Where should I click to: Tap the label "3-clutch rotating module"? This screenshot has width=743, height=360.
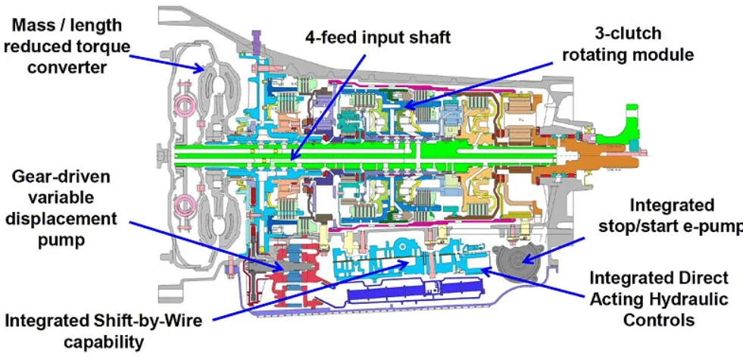[628, 44]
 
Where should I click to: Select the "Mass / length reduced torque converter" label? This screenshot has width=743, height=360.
[67, 46]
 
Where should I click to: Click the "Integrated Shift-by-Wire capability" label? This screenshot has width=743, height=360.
[103, 330]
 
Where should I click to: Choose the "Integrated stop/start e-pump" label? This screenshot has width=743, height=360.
[670, 215]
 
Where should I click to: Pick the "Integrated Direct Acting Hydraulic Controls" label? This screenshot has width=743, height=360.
[659, 299]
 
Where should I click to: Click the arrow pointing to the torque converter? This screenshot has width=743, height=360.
[167, 63]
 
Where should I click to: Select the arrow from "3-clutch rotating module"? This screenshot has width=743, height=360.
[479, 84]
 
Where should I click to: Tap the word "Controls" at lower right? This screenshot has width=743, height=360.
[659, 319]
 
